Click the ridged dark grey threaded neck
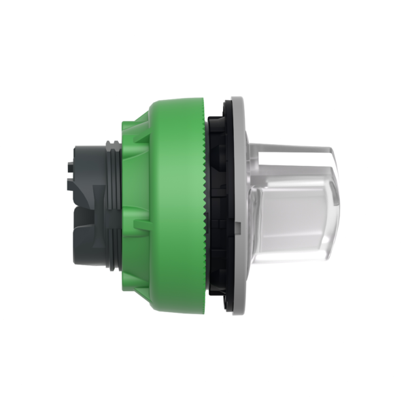click(113, 204)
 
